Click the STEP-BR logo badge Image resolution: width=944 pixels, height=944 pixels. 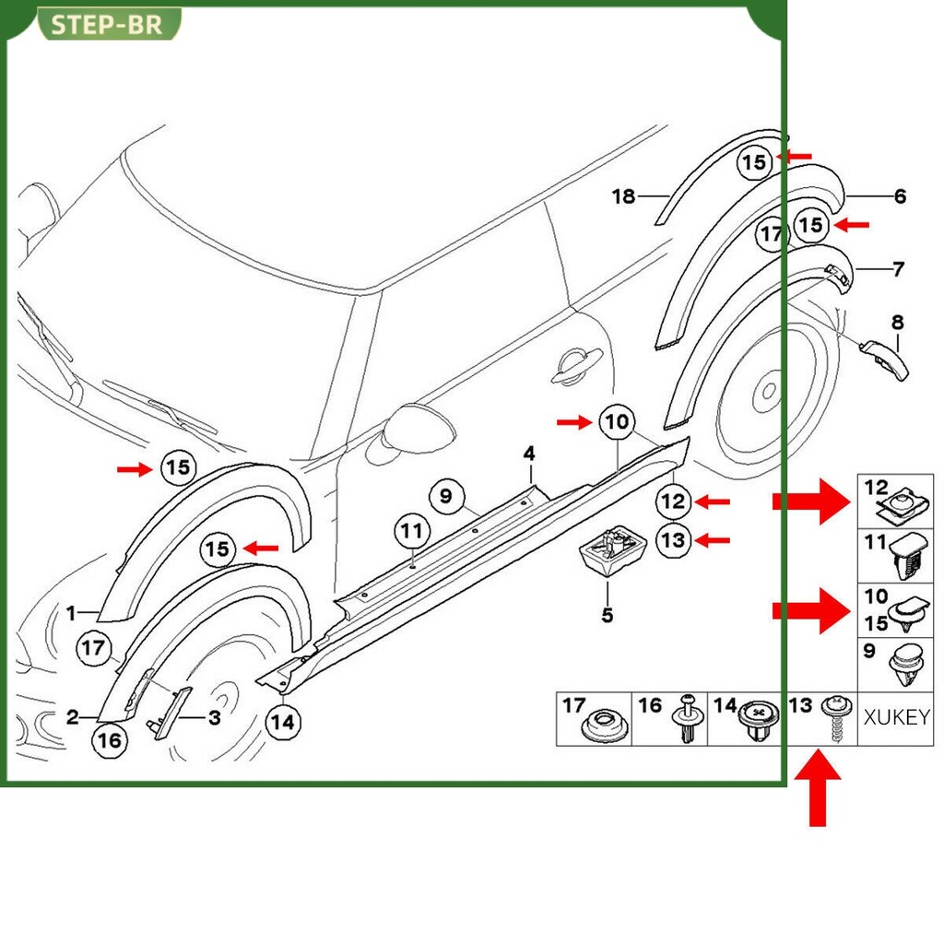pos(109,24)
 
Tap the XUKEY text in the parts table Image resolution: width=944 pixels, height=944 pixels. pos(896,717)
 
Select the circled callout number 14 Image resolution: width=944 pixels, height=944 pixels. pos(283,722)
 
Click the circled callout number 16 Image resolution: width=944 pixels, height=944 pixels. pos(110,740)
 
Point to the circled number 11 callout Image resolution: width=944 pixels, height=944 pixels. pos(412,531)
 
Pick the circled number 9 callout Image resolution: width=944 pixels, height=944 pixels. pos(446,496)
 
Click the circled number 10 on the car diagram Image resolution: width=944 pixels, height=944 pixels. pos(617,421)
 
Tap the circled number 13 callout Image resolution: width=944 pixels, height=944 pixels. pos(673,540)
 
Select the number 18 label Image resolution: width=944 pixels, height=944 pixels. pos(624,195)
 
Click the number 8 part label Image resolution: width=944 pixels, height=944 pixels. pos(898,322)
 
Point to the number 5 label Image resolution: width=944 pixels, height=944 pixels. pos(608,615)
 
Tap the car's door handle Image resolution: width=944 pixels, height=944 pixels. pos(576,365)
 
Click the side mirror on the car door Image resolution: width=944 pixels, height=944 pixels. pos(419,429)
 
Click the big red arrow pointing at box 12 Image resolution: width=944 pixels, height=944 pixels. pos(811,501)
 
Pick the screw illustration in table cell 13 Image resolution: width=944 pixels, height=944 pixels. pos(837,718)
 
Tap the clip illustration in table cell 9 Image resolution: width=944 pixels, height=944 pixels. pos(906,666)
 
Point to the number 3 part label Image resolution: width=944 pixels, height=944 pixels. pos(215,717)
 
